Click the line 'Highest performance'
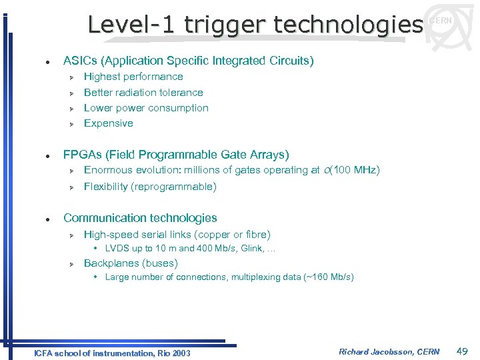pos(133,77)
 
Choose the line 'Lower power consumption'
pos(146,108)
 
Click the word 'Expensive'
pos(109,123)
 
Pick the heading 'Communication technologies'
pos(140,218)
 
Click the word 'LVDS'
pos(117,249)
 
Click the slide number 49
pos(462,351)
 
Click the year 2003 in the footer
pos(181,353)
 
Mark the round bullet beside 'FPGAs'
pos(42,155)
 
